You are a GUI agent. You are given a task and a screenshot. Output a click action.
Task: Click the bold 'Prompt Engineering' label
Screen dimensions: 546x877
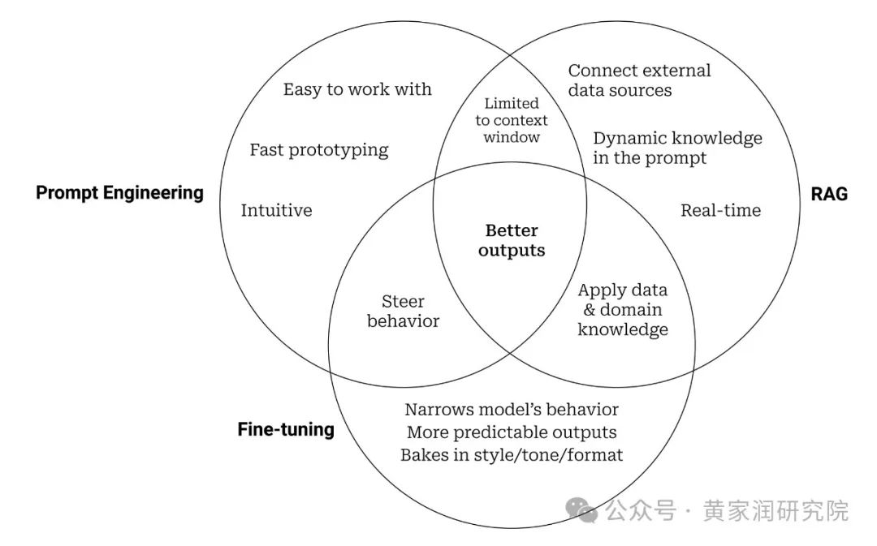point(119,192)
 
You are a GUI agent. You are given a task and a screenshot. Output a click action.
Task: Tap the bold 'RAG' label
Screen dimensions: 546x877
point(829,193)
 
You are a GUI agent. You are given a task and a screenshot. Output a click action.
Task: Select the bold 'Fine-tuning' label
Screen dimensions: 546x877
point(286,429)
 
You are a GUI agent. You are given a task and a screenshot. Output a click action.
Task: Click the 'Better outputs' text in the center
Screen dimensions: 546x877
point(512,241)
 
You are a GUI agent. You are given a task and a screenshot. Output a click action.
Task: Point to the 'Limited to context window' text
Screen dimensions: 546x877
point(512,120)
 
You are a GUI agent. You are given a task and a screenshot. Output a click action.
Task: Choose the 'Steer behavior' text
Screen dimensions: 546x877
point(403,312)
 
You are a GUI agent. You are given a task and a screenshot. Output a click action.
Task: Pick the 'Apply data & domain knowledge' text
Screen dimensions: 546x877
point(623,310)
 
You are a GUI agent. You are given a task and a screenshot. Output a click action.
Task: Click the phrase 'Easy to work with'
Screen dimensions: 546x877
point(357,89)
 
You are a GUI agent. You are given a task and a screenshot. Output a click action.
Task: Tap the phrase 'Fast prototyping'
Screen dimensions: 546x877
point(319,150)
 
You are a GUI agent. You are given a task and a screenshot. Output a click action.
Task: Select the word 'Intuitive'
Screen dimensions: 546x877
point(276,211)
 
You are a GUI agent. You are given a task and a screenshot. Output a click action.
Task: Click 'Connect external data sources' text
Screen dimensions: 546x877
point(639,80)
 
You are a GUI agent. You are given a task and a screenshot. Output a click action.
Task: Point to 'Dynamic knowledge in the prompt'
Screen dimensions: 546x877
point(677,148)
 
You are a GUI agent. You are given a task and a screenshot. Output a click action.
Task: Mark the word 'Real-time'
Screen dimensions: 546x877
point(720,211)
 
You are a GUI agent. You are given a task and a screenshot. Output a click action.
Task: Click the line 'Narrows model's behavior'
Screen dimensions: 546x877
point(512,410)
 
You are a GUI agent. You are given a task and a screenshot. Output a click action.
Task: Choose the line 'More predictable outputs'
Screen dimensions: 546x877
point(512,432)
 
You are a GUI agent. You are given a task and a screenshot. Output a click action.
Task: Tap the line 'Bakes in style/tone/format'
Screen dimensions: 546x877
point(512,455)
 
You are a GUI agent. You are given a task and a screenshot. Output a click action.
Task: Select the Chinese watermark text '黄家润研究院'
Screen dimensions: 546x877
point(775,511)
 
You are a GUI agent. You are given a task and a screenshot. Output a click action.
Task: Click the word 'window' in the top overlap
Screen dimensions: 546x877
point(512,137)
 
